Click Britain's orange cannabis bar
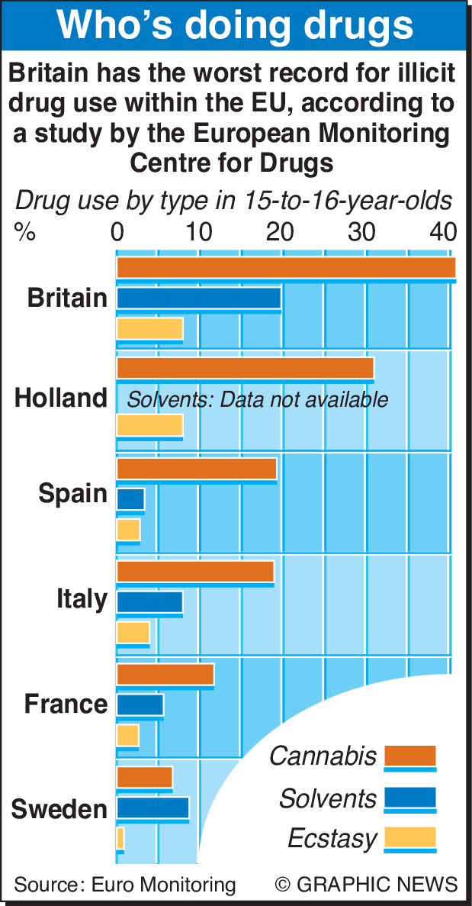pyautogui.click(x=286, y=268)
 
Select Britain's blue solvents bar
pyautogui.click(x=198, y=298)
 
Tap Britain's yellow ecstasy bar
pyautogui.click(x=149, y=328)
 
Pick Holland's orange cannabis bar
pyautogui.click(x=245, y=368)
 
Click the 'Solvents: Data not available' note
pyautogui.click(x=257, y=399)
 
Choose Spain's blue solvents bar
pyautogui.click(x=130, y=499)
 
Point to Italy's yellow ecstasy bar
pyautogui.click(x=133, y=632)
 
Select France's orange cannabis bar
pyautogui.click(x=165, y=675)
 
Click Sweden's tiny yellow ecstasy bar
pyautogui.click(x=120, y=838)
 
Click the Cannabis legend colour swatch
pyautogui.click(x=409, y=756)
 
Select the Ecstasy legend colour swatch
pyautogui.click(x=409, y=837)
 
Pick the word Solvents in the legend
pyautogui.click(x=328, y=798)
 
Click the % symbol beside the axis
pyautogui.click(x=24, y=232)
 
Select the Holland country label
pyautogui.click(x=61, y=398)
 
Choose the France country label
pyautogui.click(x=66, y=703)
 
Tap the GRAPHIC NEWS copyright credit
pyautogui.click(x=367, y=885)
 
